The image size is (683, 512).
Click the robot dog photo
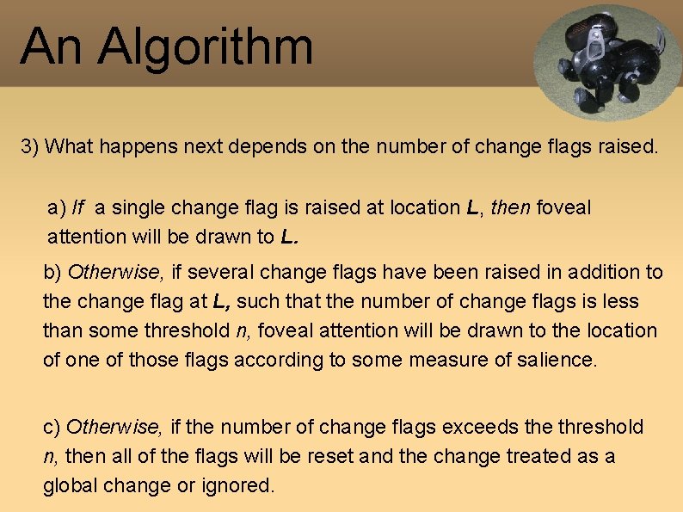coord(606,60)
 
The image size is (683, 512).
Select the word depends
coord(272,146)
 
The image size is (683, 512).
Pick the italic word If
coord(79,207)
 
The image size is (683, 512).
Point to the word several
coord(219,273)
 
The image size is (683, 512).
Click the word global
coord(71,485)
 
